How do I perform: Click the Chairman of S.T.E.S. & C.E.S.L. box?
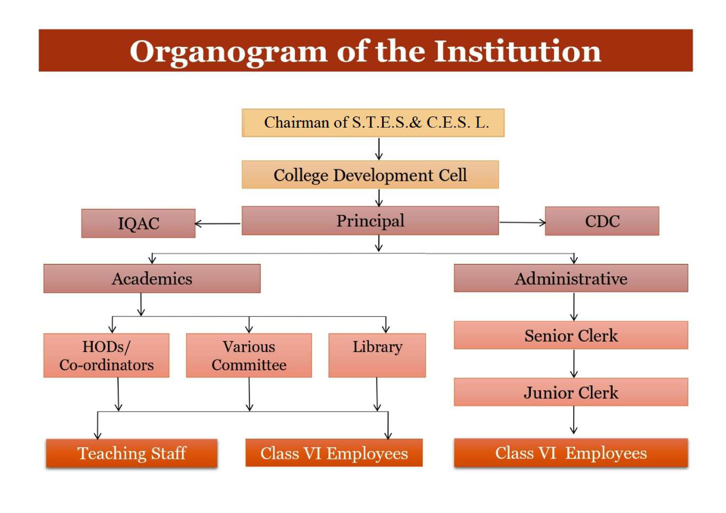tap(373, 123)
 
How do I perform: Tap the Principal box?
tap(370, 221)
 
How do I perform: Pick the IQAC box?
tap(138, 223)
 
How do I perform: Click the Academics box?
tap(152, 278)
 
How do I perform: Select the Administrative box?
tap(571, 278)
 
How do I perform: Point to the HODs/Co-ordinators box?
tap(106, 355)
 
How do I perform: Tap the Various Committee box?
tap(249, 355)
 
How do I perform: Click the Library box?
tap(377, 355)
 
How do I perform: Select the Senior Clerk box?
tap(571, 335)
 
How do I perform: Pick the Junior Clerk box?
tap(571, 392)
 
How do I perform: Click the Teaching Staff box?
tap(132, 453)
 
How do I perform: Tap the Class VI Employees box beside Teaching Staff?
tap(334, 453)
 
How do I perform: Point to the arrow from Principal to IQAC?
tap(217, 224)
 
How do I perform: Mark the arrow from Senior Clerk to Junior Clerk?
tap(574, 363)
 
